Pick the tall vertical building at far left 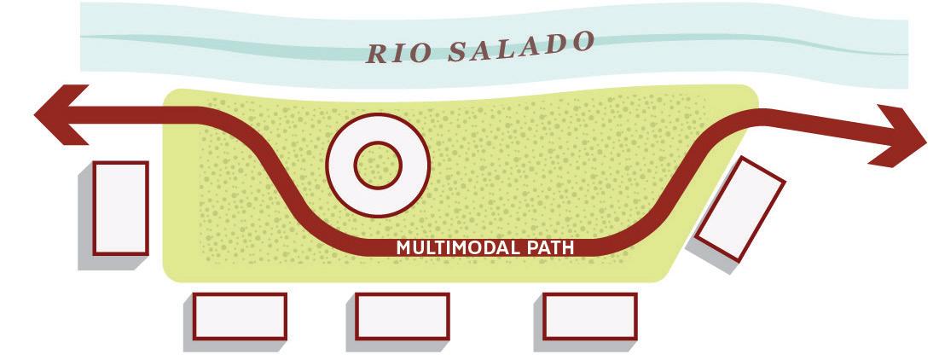click(120, 207)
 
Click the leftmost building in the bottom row click(240, 316)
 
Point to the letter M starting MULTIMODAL click(404, 248)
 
